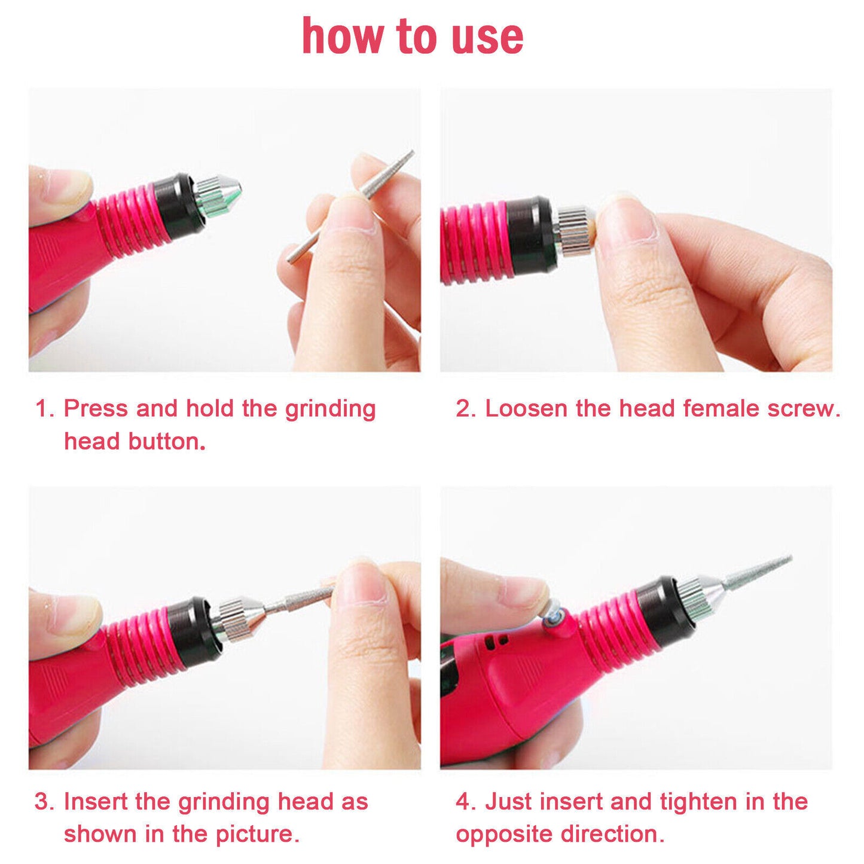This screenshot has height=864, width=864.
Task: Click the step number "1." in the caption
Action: pos(45,409)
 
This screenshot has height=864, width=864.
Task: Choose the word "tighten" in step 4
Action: pos(698,801)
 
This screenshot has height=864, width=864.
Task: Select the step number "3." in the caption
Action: pos(45,801)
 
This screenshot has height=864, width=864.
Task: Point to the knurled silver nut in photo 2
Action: pos(573,230)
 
